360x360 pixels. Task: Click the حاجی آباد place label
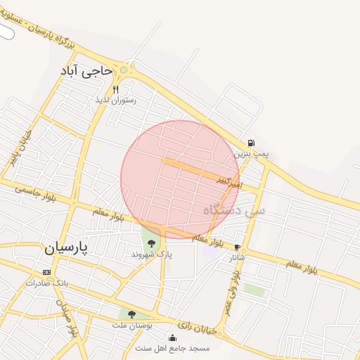click(x=86, y=71)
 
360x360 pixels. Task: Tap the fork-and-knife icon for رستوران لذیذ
click(x=116, y=89)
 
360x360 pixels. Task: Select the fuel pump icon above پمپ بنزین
click(x=252, y=142)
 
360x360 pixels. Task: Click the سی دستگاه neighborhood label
click(x=235, y=210)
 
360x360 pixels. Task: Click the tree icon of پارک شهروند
click(x=151, y=243)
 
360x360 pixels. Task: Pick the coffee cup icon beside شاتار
click(x=237, y=247)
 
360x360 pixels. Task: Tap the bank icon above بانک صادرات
click(x=46, y=272)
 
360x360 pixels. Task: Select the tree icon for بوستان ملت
click(x=131, y=314)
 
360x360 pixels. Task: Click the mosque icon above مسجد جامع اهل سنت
click(x=172, y=338)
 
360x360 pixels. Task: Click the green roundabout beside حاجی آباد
click(x=124, y=70)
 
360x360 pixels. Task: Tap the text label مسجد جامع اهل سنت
click(x=173, y=348)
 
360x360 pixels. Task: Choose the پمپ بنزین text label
click(x=252, y=153)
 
